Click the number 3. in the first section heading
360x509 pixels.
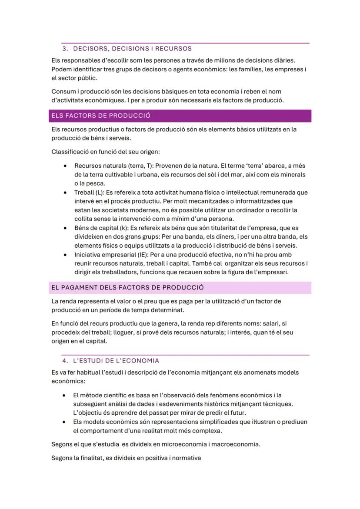(65, 48)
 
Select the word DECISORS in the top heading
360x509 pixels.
(89, 48)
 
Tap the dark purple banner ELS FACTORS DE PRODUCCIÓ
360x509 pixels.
(180, 116)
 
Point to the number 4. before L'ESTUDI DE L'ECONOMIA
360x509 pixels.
(65, 361)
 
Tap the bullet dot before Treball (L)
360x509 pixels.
(65, 193)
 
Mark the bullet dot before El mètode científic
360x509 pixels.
(65, 396)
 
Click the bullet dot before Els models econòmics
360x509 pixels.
(65, 422)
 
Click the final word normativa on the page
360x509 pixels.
(186, 458)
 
